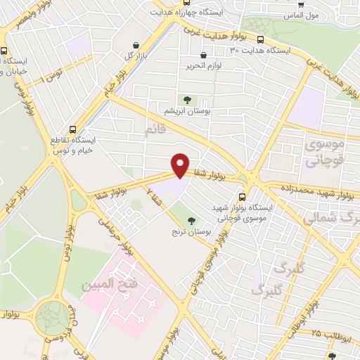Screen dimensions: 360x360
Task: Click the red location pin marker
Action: click(x=181, y=164)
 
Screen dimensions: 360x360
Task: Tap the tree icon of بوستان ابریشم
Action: click(x=188, y=100)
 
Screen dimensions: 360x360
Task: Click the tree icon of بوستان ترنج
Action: click(x=191, y=220)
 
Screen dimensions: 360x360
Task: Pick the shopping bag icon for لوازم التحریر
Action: click(x=203, y=55)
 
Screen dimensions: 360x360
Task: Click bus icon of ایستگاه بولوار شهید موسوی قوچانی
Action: click(x=243, y=197)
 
